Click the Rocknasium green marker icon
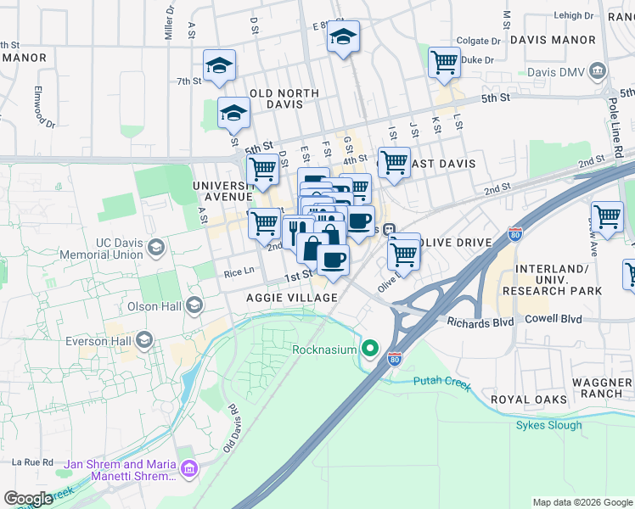pyautogui.click(x=370, y=348)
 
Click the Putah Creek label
pyautogui.click(x=441, y=382)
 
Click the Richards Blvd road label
pyautogui.click(x=476, y=322)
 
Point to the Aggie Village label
pyautogui.click(x=291, y=298)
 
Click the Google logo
pyautogui.click(x=29, y=499)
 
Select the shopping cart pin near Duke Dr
pyautogui.click(x=444, y=63)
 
